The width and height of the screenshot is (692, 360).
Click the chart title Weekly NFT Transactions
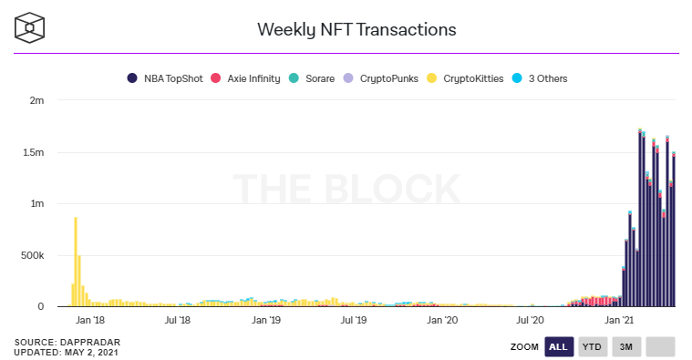(x=356, y=29)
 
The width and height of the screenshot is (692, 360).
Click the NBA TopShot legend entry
(x=164, y=78)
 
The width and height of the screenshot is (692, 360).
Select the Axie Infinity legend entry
(x=245, y=78)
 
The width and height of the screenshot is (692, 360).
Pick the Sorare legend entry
(x=312, y=78)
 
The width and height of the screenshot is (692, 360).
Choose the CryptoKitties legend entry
(x=465, y=78)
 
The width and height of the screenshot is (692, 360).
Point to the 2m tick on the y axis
(x=36, y=100)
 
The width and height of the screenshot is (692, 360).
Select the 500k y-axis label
(x=32, y=255)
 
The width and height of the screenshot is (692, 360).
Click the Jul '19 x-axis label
(x=354, y=321)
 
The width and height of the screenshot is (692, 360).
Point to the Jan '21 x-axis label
(x=620, y=321)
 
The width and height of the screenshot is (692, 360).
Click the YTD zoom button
(x=592, y=346)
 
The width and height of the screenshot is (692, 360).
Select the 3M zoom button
(x=625, y=346)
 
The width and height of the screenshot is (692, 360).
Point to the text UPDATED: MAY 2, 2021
(x=67, y=352)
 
